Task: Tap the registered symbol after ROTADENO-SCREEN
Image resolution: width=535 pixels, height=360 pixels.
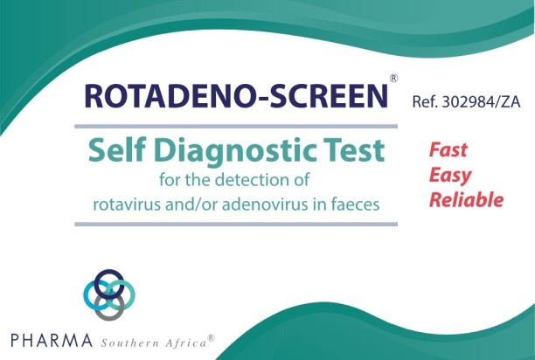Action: pyautogui.click(x=394, y=79)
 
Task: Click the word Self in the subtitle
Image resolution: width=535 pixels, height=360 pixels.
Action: pyautogui.click(x=114, y=151)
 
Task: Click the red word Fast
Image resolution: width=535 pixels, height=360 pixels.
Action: pyautogui.click(x=448, y=149)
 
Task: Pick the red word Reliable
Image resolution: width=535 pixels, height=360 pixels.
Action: pyautogui.click(x=466, y=200)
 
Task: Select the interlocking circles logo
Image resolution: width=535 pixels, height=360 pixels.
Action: pyautogui.click(x=109, y=294)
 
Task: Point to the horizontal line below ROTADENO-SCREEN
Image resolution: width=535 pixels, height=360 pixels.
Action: pyautogui.click(x=236, y=126)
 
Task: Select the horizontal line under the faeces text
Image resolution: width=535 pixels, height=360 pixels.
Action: pyautogui.click(x=236, y=225)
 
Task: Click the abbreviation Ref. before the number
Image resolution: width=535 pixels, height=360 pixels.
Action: pyautogui.click(x=426, y=101)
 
